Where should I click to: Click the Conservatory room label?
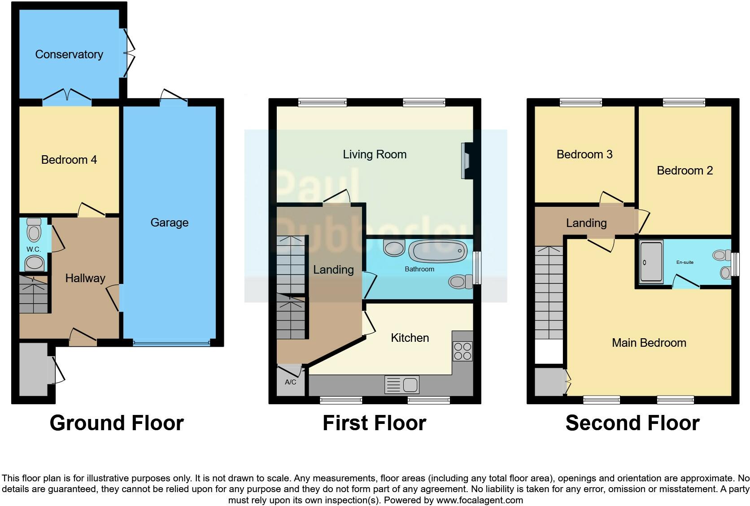pos(69,54)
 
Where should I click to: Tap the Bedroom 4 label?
pos(69,160)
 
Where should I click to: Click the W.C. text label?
pos(33,249)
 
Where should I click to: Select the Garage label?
pos(169,222)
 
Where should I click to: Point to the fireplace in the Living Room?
pos(466,161)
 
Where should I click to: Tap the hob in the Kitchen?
pos(462,351)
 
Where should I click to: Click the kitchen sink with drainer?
pos(402,385)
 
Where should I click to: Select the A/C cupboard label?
pos(290,382)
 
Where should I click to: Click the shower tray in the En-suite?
pos(651,262)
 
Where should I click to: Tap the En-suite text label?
pos(685,262)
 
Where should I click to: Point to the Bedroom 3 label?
pos(584,154)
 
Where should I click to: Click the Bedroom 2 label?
pos(685,170)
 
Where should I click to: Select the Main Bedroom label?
pos(649,343)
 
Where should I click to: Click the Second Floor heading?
pos(632,423)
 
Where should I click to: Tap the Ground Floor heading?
pos(117,423)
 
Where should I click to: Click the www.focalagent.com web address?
pos(480,500)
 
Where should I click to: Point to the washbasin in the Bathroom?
pos(394,248)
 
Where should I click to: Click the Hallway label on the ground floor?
pos(85,278)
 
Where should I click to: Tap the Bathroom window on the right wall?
pos(477,267)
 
